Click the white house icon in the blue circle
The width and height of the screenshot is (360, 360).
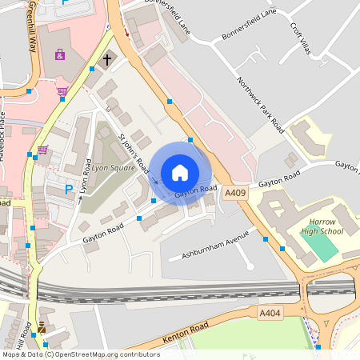[180, 172]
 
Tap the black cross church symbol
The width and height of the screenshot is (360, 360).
[107, 59]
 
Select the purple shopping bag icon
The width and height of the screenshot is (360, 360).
[60, 55]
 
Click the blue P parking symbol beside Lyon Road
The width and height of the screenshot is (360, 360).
[68, 189]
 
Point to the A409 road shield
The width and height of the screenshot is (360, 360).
[235, 193]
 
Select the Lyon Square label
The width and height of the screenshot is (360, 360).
[113, 169]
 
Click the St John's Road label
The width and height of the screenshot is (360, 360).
[134, 154]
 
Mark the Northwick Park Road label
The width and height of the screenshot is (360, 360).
[261, 104]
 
